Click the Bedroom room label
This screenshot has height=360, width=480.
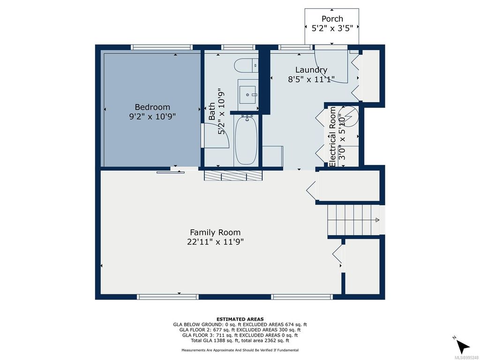tap(152, 107)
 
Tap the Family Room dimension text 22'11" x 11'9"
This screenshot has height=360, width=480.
tap(215, 242)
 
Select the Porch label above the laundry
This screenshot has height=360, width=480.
tap(332, 19)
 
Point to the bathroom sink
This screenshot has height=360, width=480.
tap(247, 94)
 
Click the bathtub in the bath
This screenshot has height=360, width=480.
tap(245, 140)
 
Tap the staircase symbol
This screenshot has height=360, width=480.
tap(353, 220)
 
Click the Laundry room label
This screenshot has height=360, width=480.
tap(311, 70)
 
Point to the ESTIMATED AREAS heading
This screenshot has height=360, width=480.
tap(240, 319)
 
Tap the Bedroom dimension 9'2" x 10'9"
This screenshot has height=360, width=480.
tap(152, 117)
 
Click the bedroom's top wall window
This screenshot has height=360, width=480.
tap(162, 47)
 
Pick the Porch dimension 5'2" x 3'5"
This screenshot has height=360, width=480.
tap(332, 28)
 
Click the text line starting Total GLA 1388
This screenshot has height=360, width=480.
tap(240, 341)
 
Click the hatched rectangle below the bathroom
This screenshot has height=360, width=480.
tap(233, 175)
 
